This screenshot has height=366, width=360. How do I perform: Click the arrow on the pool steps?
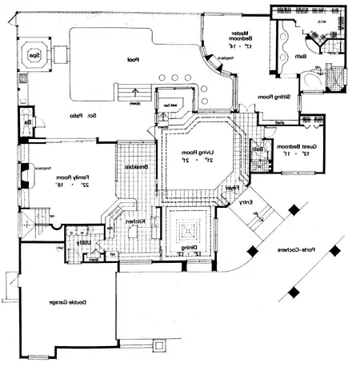pos(135,93)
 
